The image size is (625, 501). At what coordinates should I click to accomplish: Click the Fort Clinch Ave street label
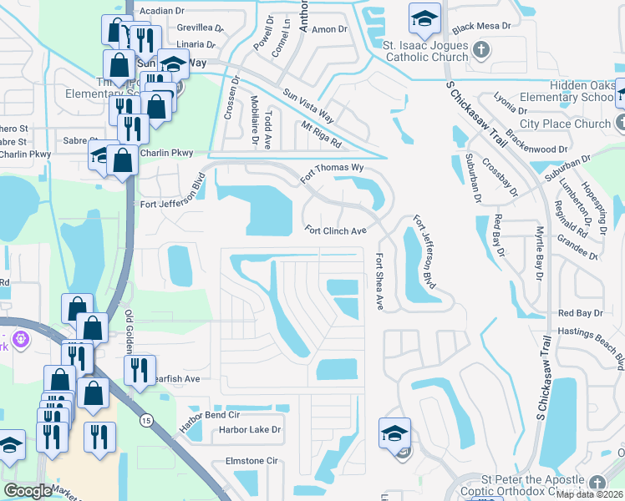(335, 230)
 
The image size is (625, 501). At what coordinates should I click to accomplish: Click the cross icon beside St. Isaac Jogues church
(481, 51)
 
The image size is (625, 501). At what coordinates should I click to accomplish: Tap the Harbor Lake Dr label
(250, 430)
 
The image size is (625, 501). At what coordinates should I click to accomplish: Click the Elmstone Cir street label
(251, 460)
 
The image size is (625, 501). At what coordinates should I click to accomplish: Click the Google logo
(28, 490)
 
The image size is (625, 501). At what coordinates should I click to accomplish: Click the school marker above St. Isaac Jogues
(424, 18)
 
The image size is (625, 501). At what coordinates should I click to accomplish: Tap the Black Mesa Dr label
(480, 27)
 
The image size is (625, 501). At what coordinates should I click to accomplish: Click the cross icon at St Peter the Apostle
(597, 483)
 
